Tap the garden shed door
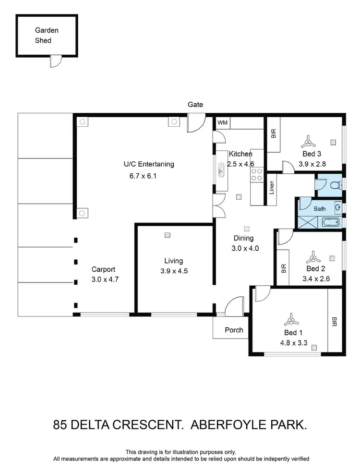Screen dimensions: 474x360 pos(56,61)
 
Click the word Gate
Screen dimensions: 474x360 pos(195,104)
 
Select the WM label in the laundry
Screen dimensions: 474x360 pos(222,123)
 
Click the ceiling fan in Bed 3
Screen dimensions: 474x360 pos(308,142)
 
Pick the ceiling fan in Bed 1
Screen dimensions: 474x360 pos(291,319)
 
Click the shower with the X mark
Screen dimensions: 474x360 pos(305,222)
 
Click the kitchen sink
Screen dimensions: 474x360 pos(221,170)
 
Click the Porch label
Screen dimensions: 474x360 pos(234,330)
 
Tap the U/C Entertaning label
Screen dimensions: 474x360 pos(149,164)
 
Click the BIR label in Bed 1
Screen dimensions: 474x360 pos(334,321)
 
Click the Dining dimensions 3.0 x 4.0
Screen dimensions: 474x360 pos(245,248)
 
